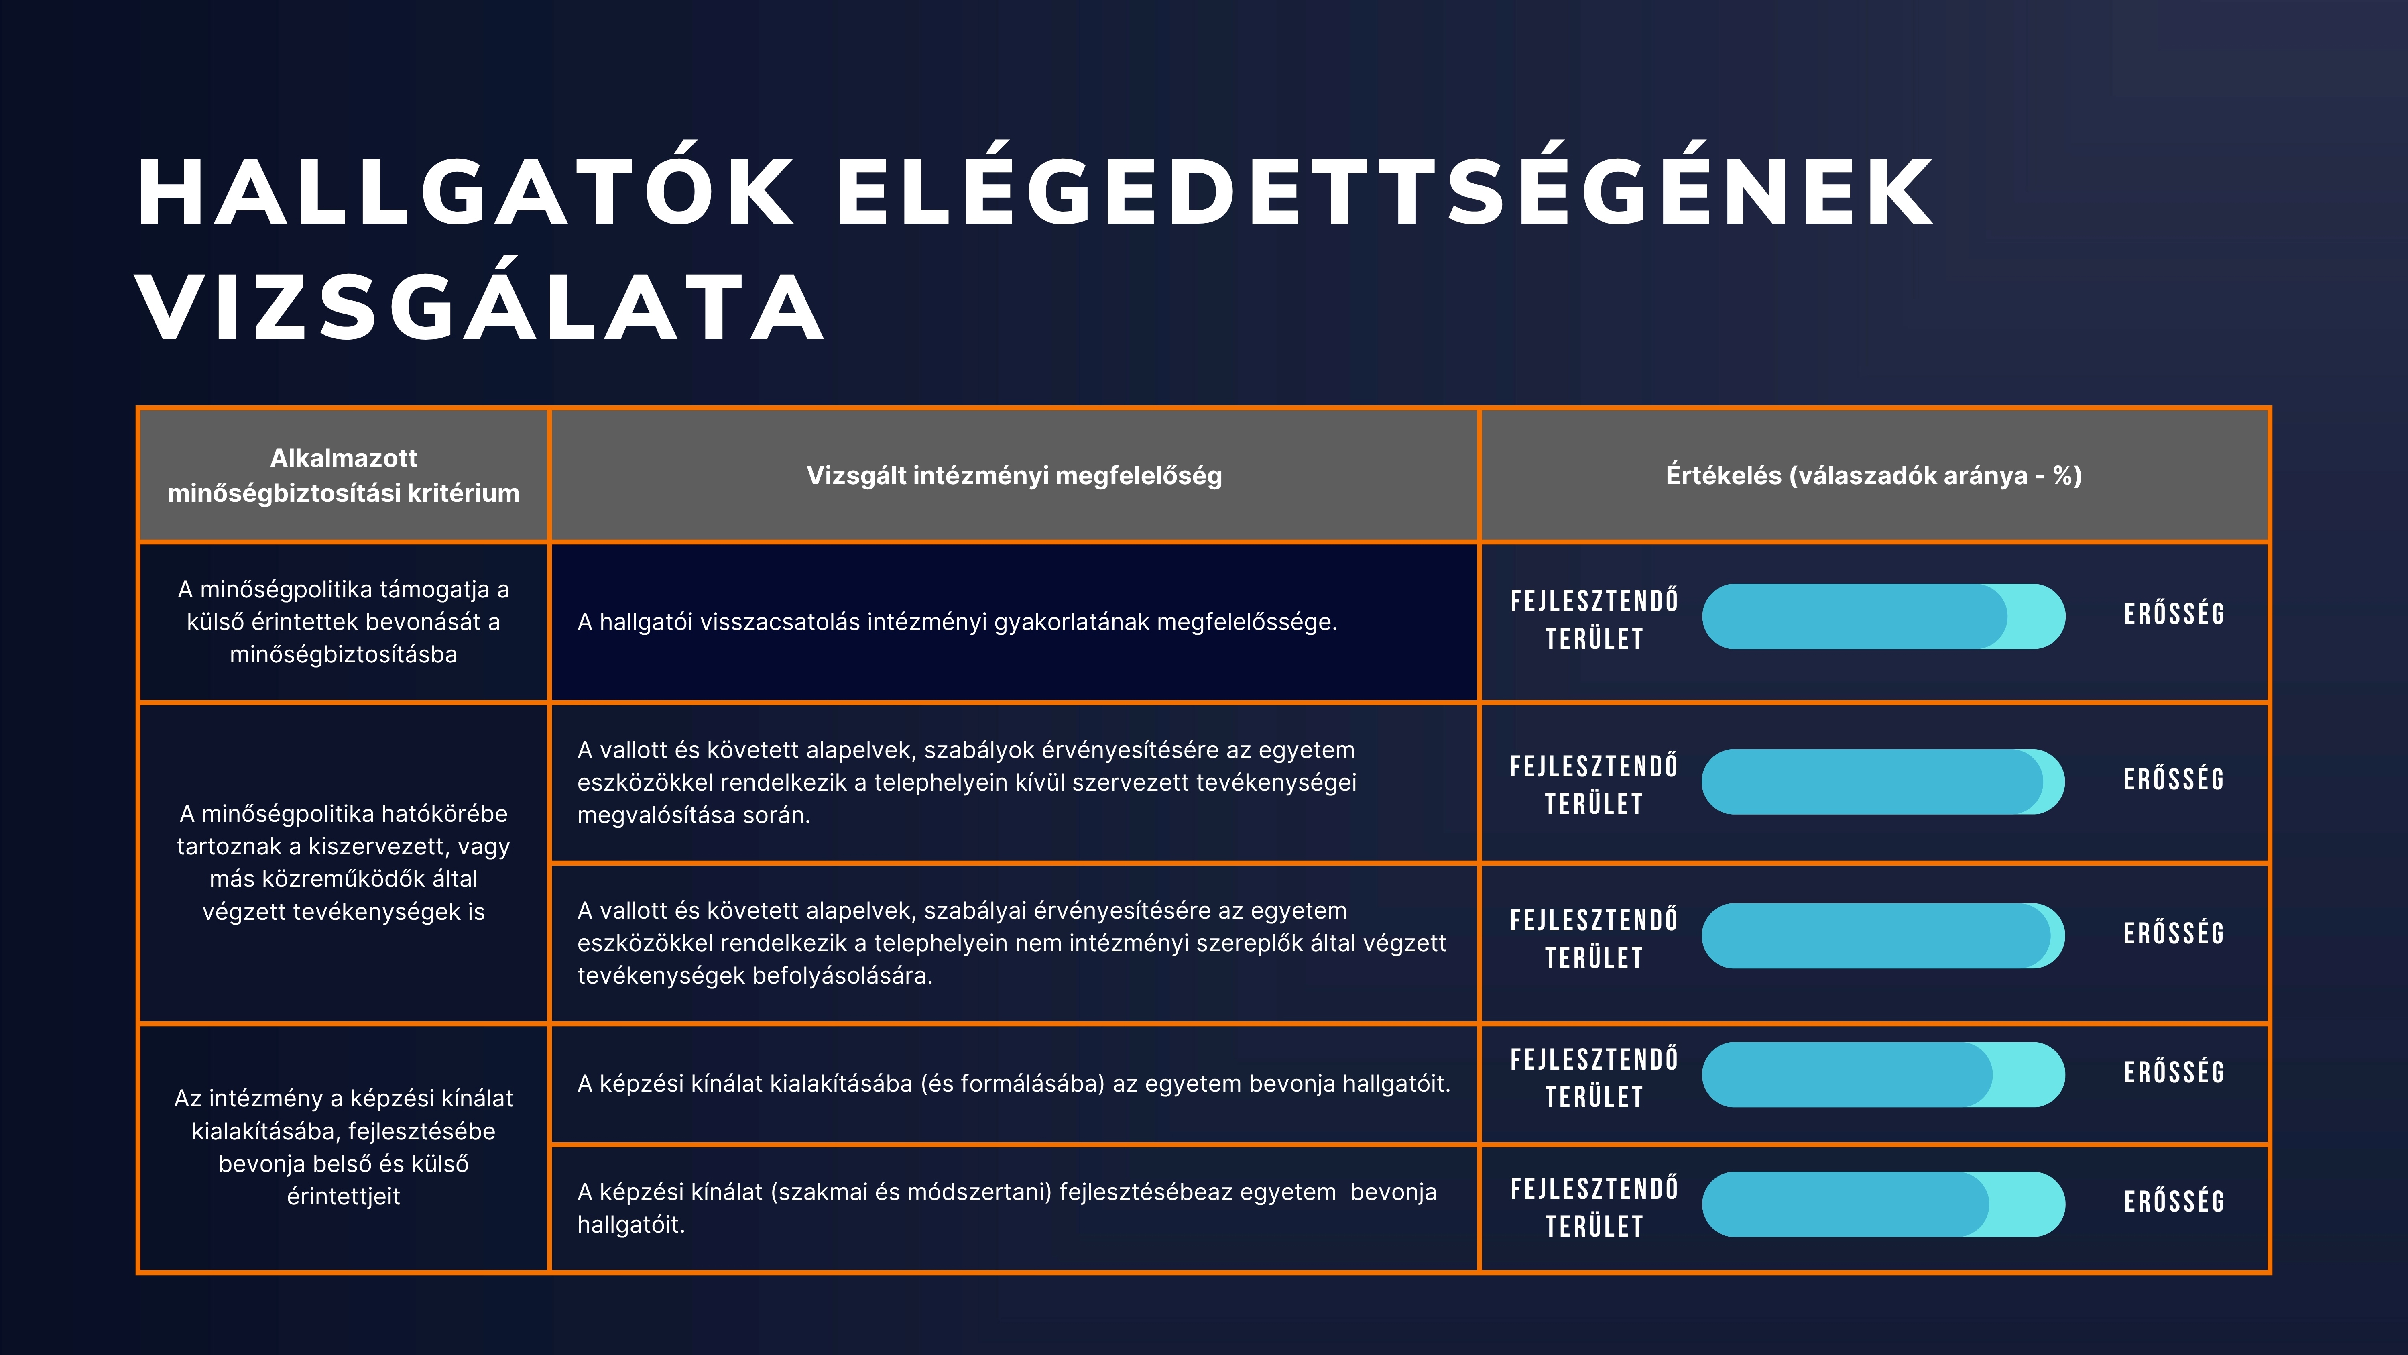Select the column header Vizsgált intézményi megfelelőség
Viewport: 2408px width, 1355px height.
point(1014,475)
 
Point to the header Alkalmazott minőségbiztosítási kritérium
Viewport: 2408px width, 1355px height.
point(343,475)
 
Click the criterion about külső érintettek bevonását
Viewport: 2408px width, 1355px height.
point(343,622)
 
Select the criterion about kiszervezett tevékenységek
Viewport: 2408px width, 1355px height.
point(343,862)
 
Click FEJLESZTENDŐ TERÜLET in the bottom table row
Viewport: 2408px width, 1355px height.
point(1594,1207)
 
